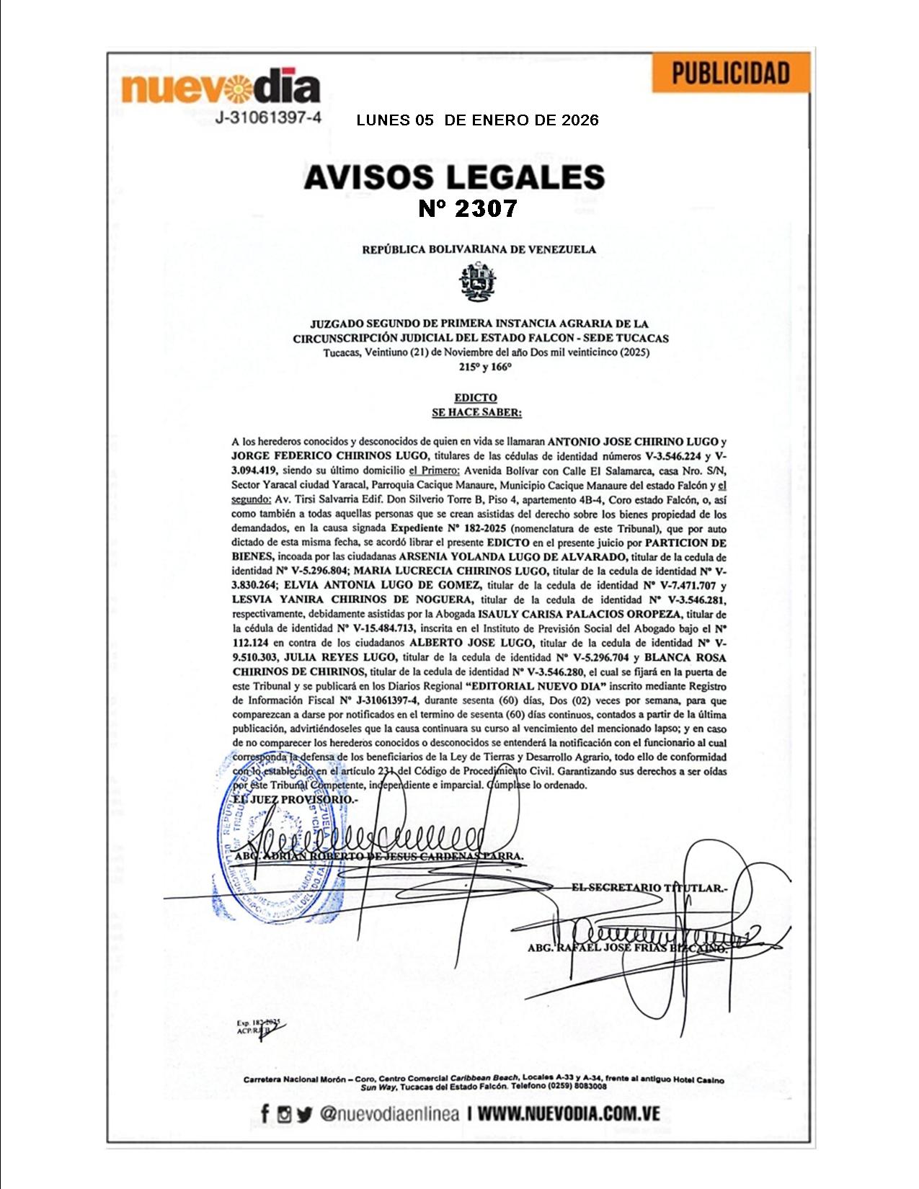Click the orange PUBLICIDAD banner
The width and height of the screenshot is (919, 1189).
pos(730,74)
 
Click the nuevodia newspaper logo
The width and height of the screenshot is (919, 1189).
pos(221,88)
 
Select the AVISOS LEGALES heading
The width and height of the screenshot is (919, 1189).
pos(453,177)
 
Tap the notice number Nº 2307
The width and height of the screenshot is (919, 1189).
pos(468,209)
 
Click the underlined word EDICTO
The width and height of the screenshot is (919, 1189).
pos(476,398)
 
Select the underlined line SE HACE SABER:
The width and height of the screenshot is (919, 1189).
pos(476,413)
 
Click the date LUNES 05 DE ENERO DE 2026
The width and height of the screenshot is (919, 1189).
pos(477,120)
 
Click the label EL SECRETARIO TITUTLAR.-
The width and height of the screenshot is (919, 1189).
pos(649,888)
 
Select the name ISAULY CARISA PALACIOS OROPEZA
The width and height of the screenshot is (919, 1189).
pos(579,614)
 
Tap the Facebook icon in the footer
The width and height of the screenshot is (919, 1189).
pos(265,1114)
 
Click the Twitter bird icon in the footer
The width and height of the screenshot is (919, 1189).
pos(304,1115)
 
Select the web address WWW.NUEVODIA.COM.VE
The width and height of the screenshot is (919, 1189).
pos(569,1114)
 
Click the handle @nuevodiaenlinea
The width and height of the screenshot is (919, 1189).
pos(389,1114)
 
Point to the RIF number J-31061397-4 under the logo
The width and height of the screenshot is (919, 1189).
pos(268,118)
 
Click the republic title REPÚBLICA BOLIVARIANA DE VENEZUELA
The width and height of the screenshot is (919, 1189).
pos(479,250)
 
